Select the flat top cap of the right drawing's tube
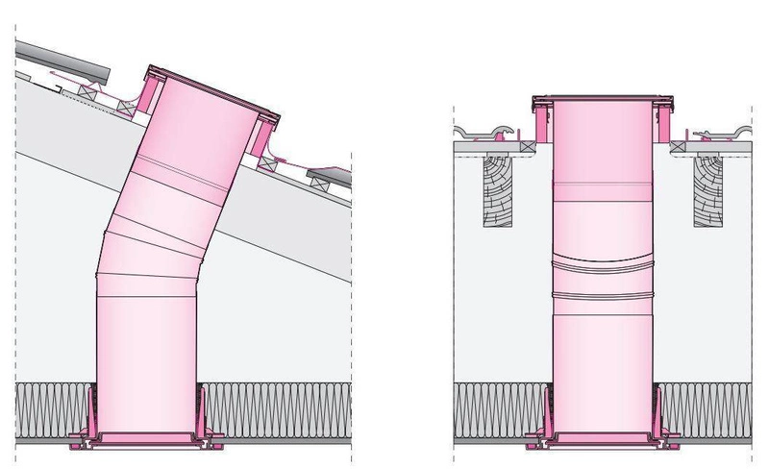(x=598, y=99)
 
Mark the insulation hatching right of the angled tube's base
(x=279, y=405)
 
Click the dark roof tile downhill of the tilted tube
(x=330, y=177)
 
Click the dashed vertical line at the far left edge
(x=16, y=240)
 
